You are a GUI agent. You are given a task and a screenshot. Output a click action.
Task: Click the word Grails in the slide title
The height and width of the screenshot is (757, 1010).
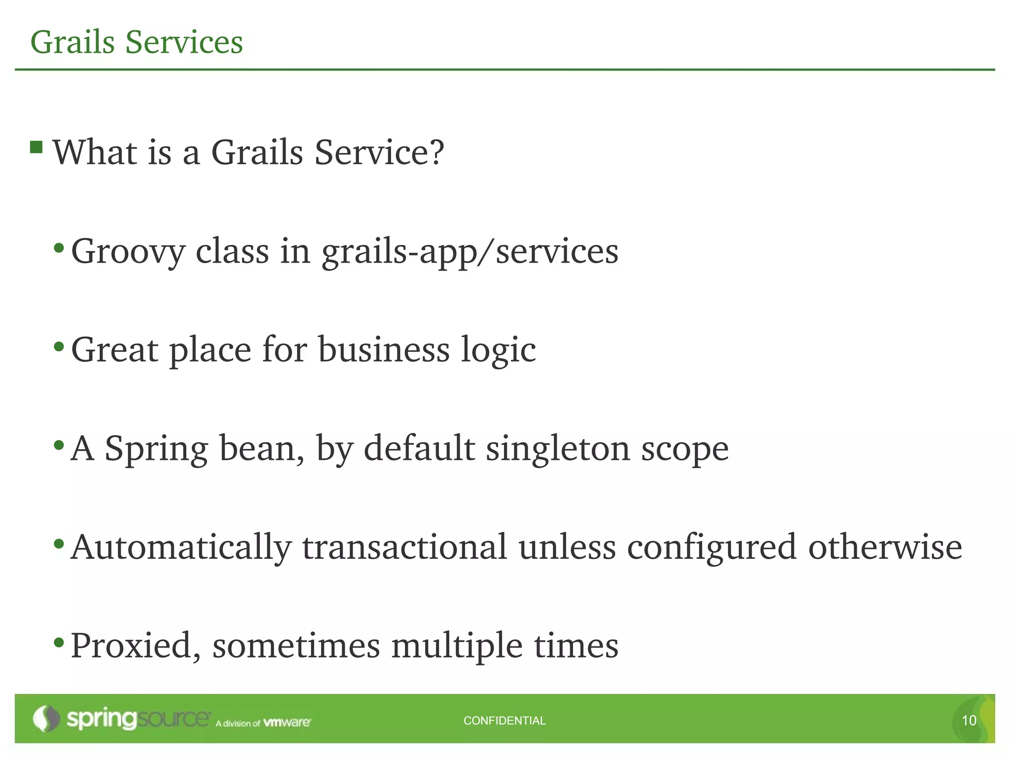tap(72, 42)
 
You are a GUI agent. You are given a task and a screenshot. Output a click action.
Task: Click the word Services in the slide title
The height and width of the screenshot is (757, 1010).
tap(184, 42)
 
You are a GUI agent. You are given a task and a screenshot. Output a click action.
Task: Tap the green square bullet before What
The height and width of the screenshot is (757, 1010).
tap(36, 147)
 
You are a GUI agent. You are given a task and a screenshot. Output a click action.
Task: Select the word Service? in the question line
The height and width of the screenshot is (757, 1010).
tap(379, 152)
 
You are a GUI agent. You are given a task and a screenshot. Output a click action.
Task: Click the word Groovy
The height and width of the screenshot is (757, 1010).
tap(128, 252)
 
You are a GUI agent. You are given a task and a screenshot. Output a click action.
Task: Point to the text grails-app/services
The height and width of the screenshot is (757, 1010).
tap(469, 252)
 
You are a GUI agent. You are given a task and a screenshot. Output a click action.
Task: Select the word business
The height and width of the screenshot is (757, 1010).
tap(384, 349)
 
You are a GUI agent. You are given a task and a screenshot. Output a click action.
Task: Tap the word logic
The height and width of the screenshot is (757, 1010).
tap(498, 350)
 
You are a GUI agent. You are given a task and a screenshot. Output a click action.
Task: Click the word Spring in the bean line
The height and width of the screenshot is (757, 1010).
tap(156, 449)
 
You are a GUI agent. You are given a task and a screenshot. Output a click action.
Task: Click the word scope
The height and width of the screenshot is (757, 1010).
tap(685, 449)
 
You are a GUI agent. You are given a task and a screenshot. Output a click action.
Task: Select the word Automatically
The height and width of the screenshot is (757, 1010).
tap(181, 548)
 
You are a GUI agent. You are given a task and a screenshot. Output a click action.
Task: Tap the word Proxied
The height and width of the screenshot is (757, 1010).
tap(131, 646)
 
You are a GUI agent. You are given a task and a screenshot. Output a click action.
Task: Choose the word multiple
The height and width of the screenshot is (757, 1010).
tap(456, 646)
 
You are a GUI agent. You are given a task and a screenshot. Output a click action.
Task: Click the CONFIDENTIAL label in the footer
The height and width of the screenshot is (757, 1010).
tap(505, 721)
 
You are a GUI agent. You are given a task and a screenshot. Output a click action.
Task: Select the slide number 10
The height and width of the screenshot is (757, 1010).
tap(969, 721)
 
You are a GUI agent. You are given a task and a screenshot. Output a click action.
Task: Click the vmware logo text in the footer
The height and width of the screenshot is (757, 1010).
tap(287, 723)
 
